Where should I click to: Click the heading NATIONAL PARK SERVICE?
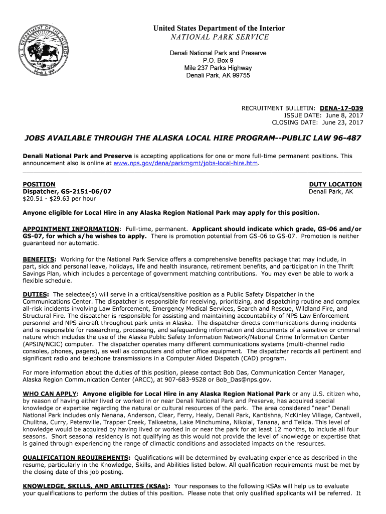(219, 37)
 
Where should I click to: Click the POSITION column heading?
(39, 184)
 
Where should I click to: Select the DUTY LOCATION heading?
(335, 184)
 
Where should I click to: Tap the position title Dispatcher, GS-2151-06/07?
(67, 191)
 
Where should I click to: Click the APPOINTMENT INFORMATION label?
(71, 229)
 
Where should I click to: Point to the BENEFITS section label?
(39, 260)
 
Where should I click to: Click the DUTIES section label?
(36, 294)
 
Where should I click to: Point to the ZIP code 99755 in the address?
(240, 75)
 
